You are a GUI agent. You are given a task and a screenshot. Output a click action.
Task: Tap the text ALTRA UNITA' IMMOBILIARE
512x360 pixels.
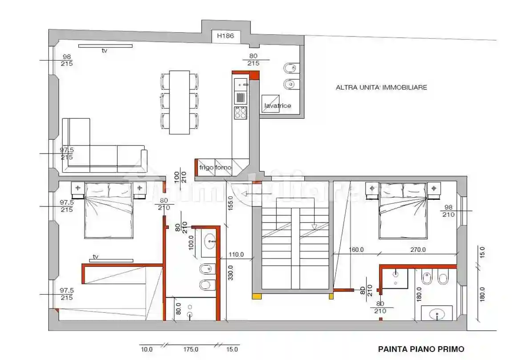[381, 88]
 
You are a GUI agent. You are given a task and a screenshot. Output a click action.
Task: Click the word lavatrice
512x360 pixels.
[278, 106]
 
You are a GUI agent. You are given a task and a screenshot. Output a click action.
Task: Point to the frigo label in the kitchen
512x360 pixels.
[206, 168]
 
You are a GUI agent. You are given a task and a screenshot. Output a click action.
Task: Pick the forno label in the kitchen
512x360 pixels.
[223, 168]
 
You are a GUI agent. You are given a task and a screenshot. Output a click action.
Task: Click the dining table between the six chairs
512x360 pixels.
[179, 102]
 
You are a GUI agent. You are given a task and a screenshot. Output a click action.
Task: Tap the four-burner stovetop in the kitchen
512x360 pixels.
[240, 113]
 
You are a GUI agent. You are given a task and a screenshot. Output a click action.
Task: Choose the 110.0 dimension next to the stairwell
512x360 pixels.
[236, 255]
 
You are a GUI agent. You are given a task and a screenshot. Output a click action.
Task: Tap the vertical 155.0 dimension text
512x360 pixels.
[230, 205]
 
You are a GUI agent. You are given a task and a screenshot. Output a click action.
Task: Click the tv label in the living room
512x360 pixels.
[105, 51]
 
